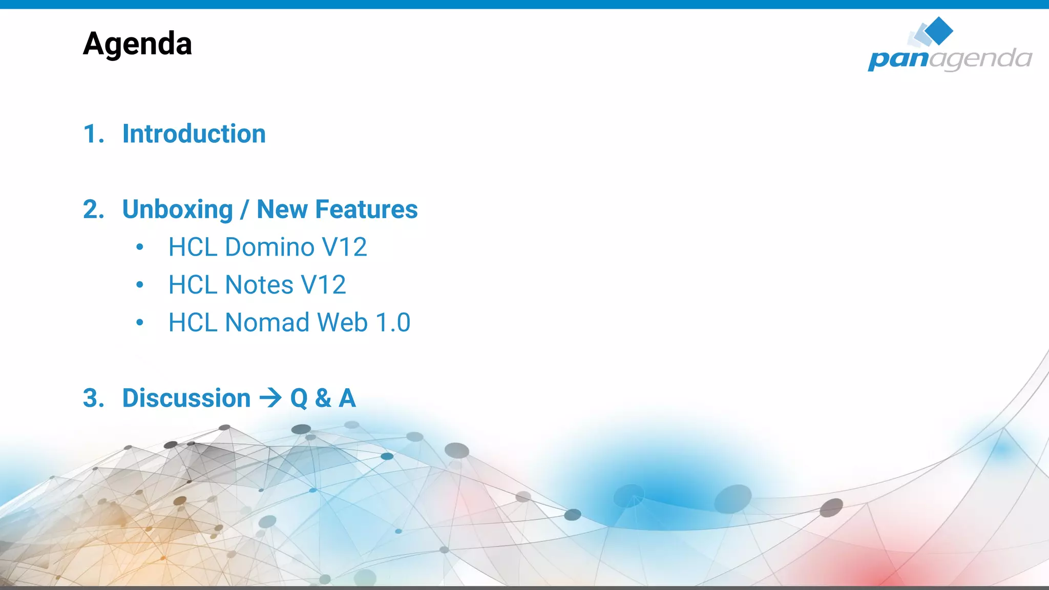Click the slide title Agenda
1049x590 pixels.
click(137, 44)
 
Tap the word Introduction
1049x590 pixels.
click(194, 134)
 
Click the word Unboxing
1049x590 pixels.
click(177, 210)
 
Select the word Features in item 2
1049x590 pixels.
click(366, 209)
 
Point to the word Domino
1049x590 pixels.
click(269, 247)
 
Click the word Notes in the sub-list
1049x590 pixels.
click(259, 285)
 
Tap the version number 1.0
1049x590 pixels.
click(393, 323)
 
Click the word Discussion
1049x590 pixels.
click(186, 398)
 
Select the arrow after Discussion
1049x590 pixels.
click(270, 398)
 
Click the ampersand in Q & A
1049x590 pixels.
click(323, 398)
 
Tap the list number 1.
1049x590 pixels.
click(93, 134)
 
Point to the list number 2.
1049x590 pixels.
click(93, 210)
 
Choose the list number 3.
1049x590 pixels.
click(93, 398)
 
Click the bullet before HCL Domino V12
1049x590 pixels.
click(140, 247)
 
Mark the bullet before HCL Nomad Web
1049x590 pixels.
click(140, 323)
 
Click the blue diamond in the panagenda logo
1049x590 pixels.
click(939, 30)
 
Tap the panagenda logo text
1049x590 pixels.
click(950, 59)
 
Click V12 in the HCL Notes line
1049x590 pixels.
click(323, 285)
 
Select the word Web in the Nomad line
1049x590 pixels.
click(342, 323)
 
